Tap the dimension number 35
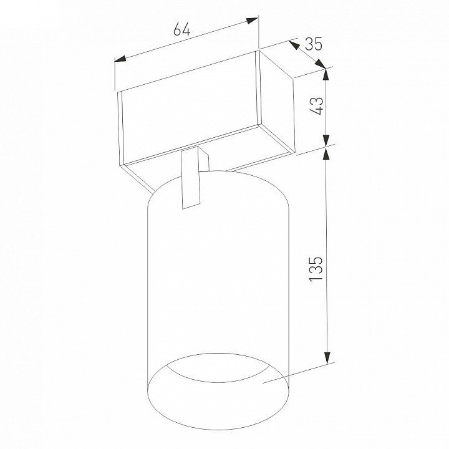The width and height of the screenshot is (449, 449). (314, 44)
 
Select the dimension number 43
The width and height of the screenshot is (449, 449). (316, 106)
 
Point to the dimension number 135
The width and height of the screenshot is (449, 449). (316, 268)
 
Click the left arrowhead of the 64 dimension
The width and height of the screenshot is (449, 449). (120, 59)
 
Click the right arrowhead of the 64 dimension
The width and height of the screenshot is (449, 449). (253, 21)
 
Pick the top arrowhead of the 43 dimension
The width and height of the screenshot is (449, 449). (326, 74)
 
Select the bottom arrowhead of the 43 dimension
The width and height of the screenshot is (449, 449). (326, 141)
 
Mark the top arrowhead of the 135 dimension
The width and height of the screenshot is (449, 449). (326, 153)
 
